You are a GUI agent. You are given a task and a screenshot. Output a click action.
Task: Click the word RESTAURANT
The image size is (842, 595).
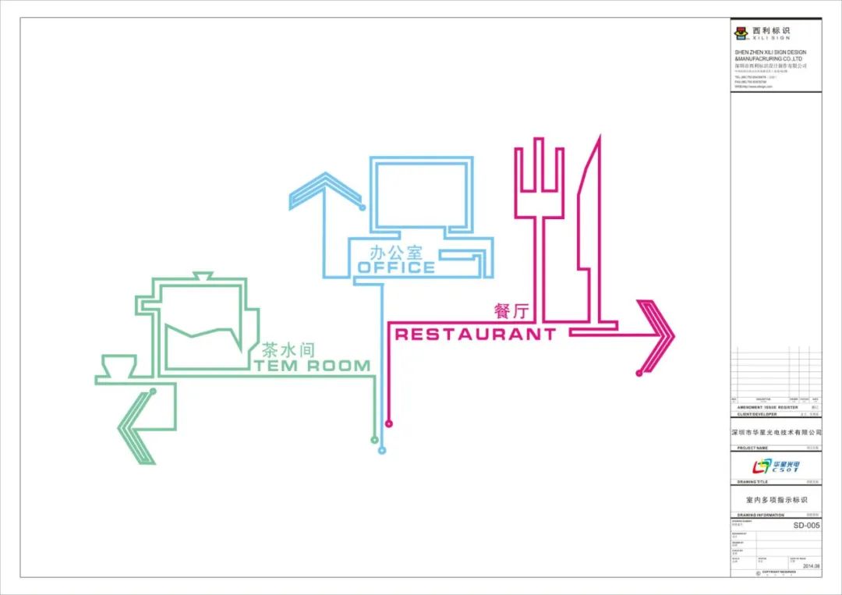(476, 335)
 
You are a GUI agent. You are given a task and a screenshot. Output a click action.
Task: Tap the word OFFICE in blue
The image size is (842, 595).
(396, 267)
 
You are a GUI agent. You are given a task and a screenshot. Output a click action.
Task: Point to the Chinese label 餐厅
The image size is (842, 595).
(511, 310)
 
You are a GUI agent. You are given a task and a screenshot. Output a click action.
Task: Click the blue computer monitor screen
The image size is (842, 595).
(422, 195)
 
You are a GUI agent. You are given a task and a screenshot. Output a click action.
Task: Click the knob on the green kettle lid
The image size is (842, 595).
(202, 275)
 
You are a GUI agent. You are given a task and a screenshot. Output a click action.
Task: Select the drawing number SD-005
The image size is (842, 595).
(806, 526)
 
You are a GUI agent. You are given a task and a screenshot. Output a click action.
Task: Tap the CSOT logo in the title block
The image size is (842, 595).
(775, 466)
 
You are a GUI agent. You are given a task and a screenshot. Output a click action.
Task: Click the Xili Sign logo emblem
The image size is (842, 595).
(741, 33)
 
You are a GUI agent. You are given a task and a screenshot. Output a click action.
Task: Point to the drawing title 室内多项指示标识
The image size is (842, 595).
(776, 499)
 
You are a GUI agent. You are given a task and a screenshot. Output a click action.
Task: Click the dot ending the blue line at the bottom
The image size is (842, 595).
(381, 450)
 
